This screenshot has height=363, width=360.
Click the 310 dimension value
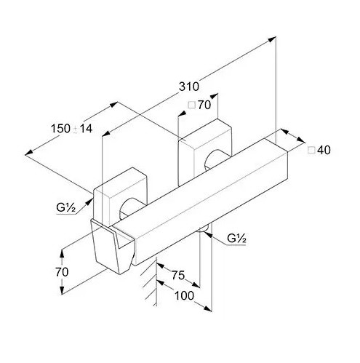coord(189,87)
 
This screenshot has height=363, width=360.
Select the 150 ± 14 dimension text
coord(71,129)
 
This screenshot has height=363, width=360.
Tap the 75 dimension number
coord(178,275)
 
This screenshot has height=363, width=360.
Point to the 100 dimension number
coord(184,295)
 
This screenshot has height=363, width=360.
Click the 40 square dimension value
coord(324,150)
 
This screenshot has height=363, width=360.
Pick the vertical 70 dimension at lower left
coord(62,272)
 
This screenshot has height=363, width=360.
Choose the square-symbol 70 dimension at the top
coord(204,105)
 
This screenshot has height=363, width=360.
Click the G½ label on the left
coord(66,207)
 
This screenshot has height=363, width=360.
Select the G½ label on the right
coord(237,239)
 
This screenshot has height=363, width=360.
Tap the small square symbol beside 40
coord(311,151)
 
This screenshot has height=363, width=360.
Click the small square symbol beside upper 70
coord(192,105)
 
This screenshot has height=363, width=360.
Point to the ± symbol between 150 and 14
coord(76,129)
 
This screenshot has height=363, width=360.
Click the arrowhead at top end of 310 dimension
coord(273,39)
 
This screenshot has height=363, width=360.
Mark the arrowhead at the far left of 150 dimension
coord(29,153)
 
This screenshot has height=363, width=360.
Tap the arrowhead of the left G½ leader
coord(90,202)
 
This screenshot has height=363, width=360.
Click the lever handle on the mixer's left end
coord(112,246)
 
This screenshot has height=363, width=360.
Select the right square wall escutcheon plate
coord(205,152)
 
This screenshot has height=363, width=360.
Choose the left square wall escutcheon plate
coord(121,194)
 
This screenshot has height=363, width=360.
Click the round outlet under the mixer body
coord(204,229)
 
